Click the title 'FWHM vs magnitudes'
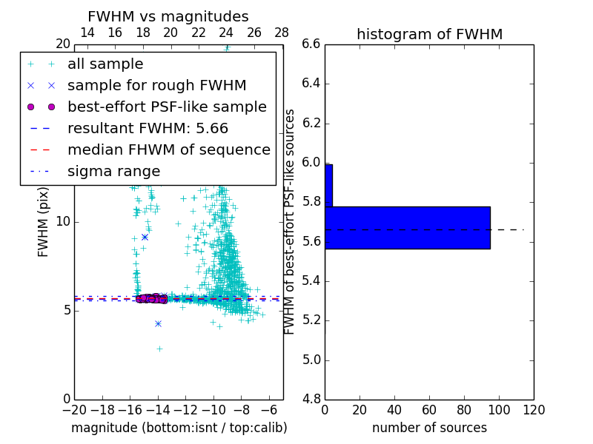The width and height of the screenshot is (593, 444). [x=168, y=16]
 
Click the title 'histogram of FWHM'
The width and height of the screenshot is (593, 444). [x=429, y=34]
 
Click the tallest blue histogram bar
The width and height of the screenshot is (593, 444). [x=407, y=227]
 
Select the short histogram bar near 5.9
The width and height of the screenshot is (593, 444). [x=328, y=185]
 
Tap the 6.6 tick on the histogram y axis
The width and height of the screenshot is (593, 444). [x=311, y=44]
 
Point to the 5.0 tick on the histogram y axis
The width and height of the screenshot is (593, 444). [x=311, y=360]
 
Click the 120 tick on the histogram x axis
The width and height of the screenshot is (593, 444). [x=534, y=409]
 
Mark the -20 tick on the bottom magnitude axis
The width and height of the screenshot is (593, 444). [x=74, y=409]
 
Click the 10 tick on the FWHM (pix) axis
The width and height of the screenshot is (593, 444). [x=63, y=221]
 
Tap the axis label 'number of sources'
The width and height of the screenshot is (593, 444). [x=429, y=428]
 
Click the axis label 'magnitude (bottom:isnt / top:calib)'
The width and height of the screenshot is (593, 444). [x=179, y=428]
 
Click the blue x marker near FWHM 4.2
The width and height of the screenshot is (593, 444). [x=158, y=323]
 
